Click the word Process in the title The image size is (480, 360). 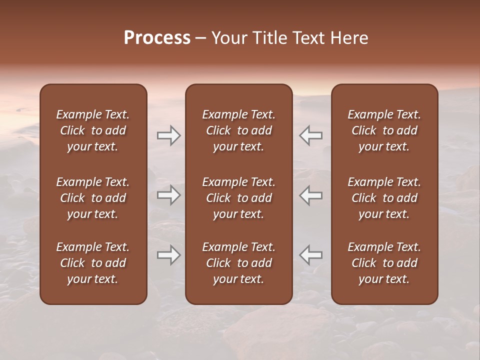(157, 38)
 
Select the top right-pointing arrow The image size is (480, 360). (169, 135)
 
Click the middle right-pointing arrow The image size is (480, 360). (169, 195)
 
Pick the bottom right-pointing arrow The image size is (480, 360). (169, 255)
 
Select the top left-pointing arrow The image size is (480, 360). (310, 135)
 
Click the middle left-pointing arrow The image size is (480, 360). (310, 195)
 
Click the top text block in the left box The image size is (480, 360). (93, 130)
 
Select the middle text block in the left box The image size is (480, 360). (93, 198)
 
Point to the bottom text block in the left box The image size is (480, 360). (93, 263)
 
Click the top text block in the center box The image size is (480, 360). (238, 130)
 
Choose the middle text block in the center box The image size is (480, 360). (238, 198)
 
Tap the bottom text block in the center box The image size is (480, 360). (238, 263)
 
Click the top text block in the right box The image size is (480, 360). (384, 130)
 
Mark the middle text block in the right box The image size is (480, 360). (384, 198)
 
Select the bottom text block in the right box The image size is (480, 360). (384, 263)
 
